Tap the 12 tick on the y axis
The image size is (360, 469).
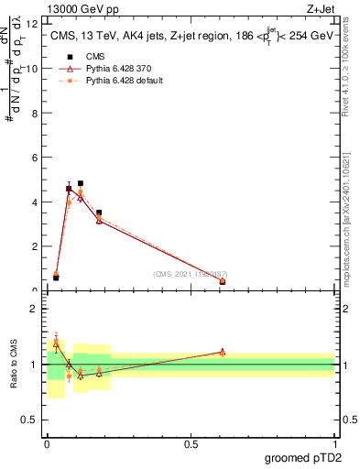tap(36, 24)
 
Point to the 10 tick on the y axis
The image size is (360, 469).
tap(36, 69)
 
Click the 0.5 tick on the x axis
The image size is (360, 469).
tap(191, 443)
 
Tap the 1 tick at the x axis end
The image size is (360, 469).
tap(334, 443)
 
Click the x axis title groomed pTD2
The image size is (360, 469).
tap(302, 458)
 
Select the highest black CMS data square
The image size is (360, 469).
tap(81, 183)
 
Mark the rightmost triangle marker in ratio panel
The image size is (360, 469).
tap(223, 352)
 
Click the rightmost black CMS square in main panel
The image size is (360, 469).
tap(223, 282)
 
